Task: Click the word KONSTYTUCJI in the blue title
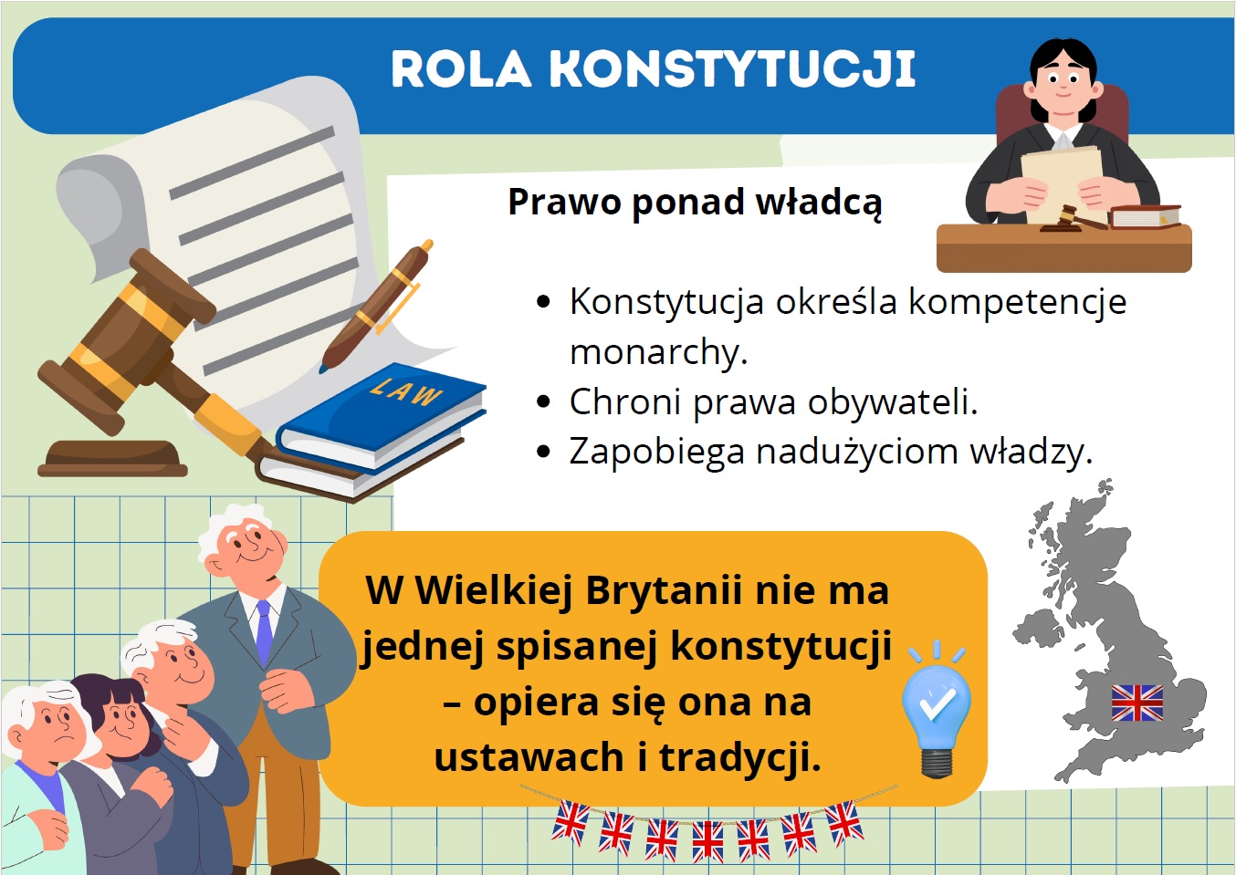click(732, 68)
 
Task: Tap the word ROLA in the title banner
click(461, 68)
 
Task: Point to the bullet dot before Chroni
click(543, 401)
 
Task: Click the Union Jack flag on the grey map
click(1137, 703)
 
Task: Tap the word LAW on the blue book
click(405, 391)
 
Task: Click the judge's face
click(1063, 86)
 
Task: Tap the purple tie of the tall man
click(265, 633)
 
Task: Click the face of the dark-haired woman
click(122, 719)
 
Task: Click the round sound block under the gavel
click(112, 458)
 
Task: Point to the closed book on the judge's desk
click(1145, 215)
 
